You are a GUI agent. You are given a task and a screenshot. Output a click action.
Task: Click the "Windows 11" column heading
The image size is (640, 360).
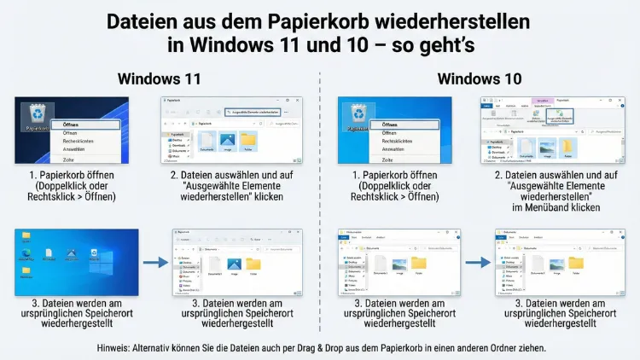coord(159,79)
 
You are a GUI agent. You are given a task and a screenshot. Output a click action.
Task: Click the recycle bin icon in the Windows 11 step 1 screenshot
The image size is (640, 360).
coord(37,114)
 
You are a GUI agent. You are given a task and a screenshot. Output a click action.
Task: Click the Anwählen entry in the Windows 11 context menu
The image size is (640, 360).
coord(77,148)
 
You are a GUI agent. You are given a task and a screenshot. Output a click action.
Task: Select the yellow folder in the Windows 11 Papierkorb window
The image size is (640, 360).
coord(248,140)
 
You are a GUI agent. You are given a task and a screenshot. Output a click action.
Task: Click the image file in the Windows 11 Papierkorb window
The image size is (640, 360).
coord(227,140)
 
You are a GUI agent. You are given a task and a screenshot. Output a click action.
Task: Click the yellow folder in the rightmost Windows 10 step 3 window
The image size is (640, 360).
coord(576,262)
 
